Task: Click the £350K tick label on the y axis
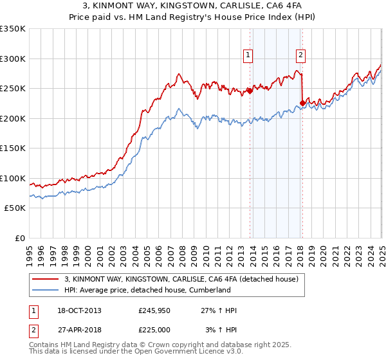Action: [12, 29]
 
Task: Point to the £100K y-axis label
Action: [12, 178]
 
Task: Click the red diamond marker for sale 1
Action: [250, 91]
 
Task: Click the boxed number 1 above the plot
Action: [248, 55]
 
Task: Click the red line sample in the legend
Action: [45, 279]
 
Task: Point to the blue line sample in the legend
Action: [45, 290]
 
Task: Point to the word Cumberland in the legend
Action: [208, 290]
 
